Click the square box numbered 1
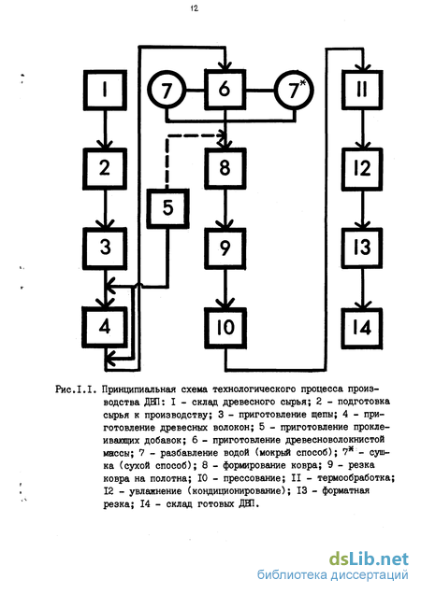[x=105, y=91]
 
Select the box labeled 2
[x=105, y=169]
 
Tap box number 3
[x=105, y=248]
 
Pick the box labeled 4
[x=105, y=327]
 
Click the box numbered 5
[x=167, y=208]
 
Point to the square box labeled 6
[x=225, y=90]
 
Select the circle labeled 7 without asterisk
[x=167, y=91]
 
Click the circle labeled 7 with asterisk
[x=295, y=91]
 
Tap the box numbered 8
[x=225, y=169]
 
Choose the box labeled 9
[x=225, y=248]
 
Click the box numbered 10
[x=225, y=328]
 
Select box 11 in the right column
[x=362, y=91]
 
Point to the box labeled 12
[x=362, y=169]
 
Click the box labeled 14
[x=362, y=328]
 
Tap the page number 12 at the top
[x=195, y=8]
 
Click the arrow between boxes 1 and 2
[x=105, y=130]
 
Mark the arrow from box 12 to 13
[x=362, y=208]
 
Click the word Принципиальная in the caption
[x=139, y=389]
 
